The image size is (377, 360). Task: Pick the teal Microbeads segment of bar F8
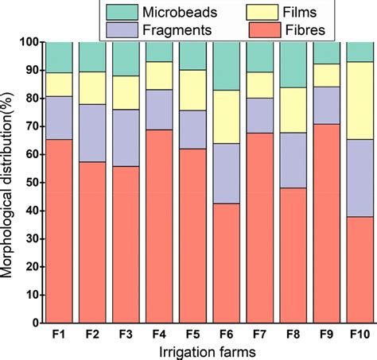point(292,64)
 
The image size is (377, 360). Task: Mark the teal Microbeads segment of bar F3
point(126,59)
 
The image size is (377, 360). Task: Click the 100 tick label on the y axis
point(28,41)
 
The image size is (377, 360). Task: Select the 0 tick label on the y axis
point(34,324)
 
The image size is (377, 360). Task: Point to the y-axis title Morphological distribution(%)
point(9,183)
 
